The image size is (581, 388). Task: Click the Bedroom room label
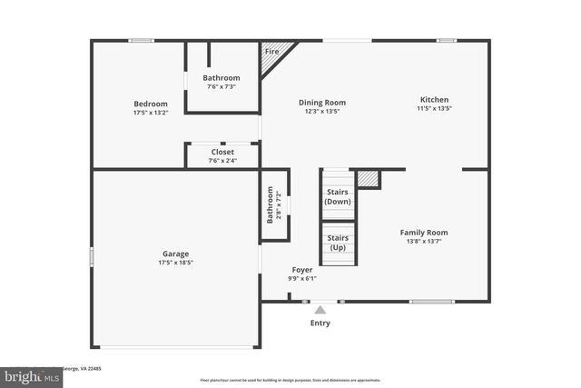point(150,104)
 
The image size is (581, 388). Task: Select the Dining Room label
point(322,103)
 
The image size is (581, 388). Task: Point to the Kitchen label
point(434,100)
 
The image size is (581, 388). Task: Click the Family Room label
point(424,233)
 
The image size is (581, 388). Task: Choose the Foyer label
point(302,270)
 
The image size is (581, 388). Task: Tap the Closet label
point(222,152)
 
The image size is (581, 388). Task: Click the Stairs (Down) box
point(338,196)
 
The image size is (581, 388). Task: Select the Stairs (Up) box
point(338,243)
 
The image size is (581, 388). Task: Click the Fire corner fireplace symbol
point(271,54)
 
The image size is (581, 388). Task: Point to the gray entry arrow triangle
point(320,309)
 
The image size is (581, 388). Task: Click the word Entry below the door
point(320,323)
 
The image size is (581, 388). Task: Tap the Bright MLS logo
point(27,374)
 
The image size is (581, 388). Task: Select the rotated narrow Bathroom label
point(270,205)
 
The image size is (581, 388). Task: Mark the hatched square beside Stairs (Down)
point(367,179)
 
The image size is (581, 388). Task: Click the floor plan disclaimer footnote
point(290,380)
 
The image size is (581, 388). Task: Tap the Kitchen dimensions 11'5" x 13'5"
point(434,109)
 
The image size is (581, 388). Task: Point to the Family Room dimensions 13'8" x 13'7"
point(424,242)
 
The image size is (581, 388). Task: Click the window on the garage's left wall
point(91,257)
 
